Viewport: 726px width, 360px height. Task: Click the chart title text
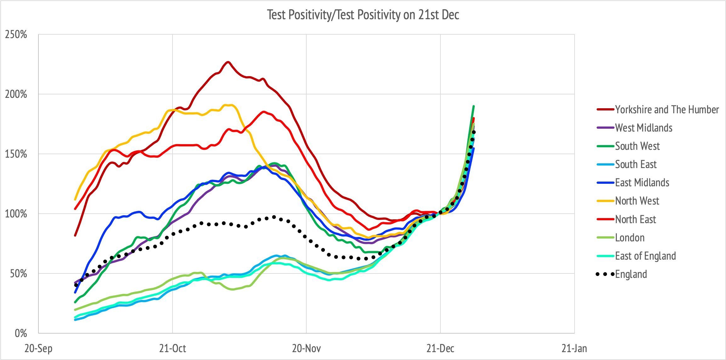click(x=363, y=15)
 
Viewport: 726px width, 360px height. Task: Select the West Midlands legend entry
click(x=644, y=128)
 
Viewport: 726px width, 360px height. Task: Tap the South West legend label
click(x=637, y=146)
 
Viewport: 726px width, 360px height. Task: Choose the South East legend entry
click(x=636, y=164)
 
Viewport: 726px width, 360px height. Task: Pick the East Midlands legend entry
click(x=642, y=183)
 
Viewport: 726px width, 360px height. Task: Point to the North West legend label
click(x=637, y=201)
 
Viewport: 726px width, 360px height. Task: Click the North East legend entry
click(x=635, y=219)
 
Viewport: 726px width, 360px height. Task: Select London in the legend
click(x=630, y=238)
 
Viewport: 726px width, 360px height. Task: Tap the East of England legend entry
click(x=645, y=256)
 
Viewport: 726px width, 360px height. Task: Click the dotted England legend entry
click(x=631, y=274)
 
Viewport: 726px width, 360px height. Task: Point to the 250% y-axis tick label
click(x=16, y=35)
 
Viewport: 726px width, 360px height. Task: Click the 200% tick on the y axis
click(x=16, y=94)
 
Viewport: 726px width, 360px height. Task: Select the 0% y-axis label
click(x=21, y=333)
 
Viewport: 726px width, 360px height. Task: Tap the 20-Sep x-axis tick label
click(x=39, y=349)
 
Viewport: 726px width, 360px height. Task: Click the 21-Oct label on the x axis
click(x=173, y=349)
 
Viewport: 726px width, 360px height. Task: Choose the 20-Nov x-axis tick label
click(x=306, y=349)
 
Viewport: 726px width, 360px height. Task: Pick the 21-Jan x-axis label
click(x=574, y=349)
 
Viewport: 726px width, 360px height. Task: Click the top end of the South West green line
click(x=474, y=106)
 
